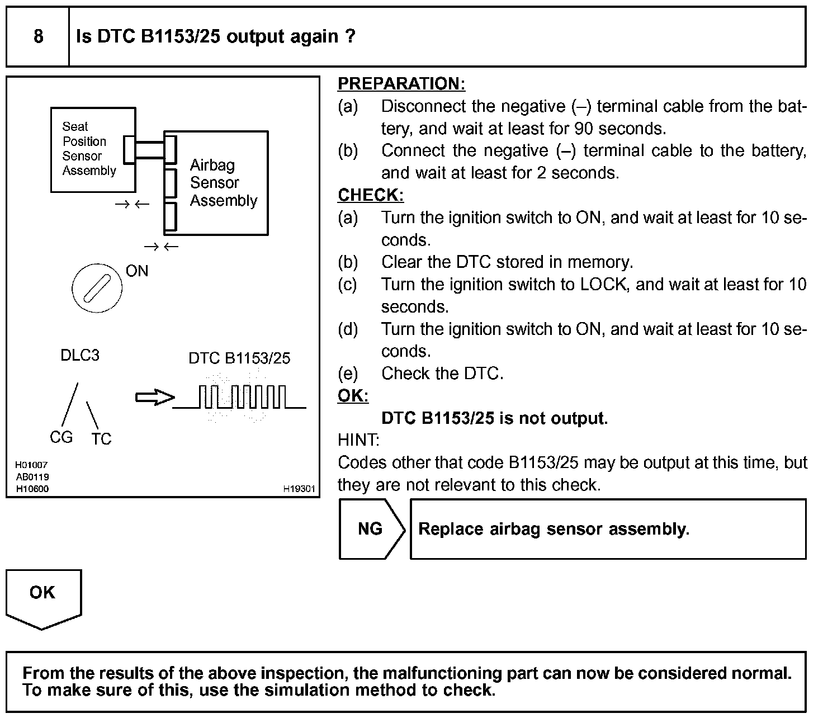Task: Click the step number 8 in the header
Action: (38, 37)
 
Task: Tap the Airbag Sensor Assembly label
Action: (223, 183)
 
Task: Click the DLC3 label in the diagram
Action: (80, 356)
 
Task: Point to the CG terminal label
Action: (61, 437)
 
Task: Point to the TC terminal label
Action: (101, 440)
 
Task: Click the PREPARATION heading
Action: (401, 84)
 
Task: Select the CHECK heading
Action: (370, 195)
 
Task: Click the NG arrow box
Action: (371, 529)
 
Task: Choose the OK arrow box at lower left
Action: (43, 596)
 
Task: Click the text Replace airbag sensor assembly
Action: (554, 529)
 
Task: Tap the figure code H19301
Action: (299, 489)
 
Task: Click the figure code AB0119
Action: (32, 476)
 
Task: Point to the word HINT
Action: (358, 440)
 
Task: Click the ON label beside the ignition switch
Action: (137, 271)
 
